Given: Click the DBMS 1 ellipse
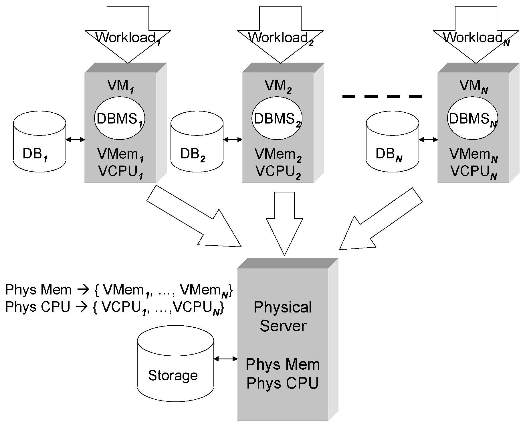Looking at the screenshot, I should coord(120,118).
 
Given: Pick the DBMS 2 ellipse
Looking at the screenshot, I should coord(277,118).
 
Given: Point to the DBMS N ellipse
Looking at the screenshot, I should coord(472,118).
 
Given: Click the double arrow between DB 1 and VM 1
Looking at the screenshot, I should coord(76,140).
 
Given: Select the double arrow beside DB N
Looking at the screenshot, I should coord(428,140).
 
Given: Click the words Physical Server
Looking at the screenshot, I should coord(283,316).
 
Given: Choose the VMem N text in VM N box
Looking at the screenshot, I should coord(473,155).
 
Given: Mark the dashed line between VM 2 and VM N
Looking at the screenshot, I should coord(382,97).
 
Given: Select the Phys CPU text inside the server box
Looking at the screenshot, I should coord(283,383).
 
